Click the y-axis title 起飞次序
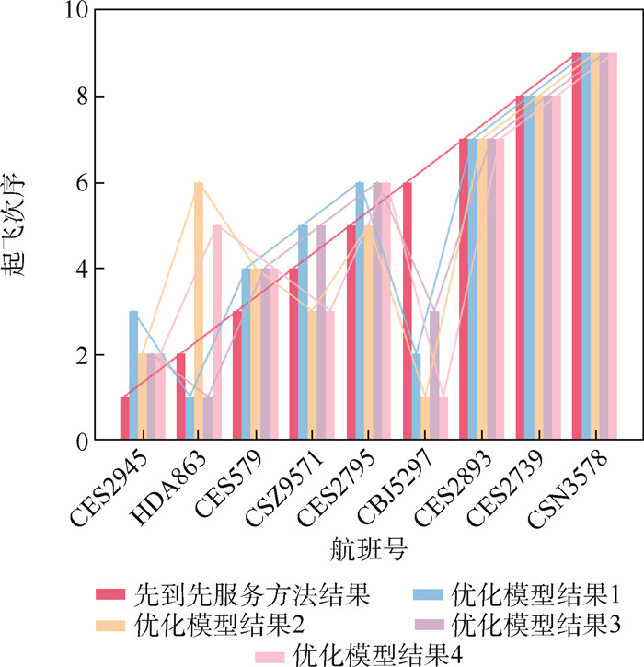click(x=26, y=225)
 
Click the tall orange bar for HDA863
click(x=199, y=313)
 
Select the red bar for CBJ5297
click(x=407, y=313)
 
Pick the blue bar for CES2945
click(x=133, y=377)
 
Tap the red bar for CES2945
click(x=124, y=420)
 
